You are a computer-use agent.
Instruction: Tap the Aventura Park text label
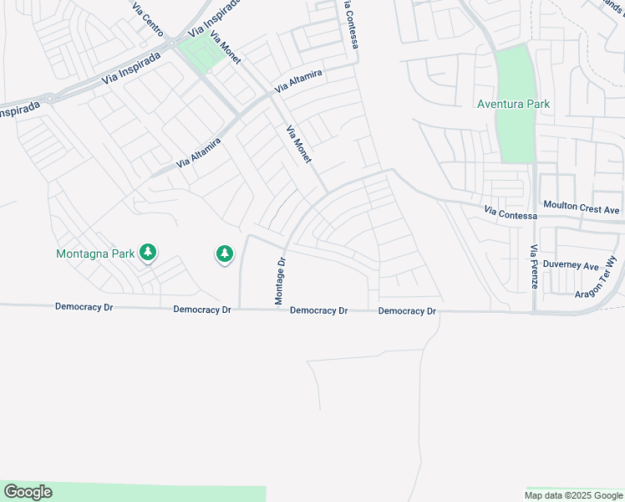click(x=513, y=105)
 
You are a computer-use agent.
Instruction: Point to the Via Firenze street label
click(x=534, y=266)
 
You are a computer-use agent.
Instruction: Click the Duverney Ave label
click(x=571, y=265)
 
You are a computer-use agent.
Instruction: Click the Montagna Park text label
click(x=95, y=253)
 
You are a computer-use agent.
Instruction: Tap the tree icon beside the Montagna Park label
click(x=148, y=251)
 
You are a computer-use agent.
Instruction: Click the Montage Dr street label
click(x=282, y=279)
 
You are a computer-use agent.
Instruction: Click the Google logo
click(x=28, y=492)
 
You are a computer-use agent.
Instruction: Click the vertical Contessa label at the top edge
click(x=351, y=23)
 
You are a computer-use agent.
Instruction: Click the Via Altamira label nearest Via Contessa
click(x=298, y=81)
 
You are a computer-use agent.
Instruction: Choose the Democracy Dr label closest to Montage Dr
click(x=318, y=311)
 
